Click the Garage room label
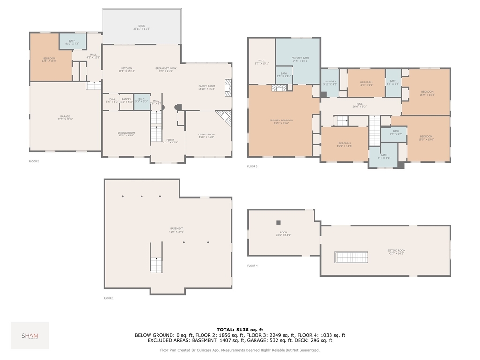[65, 118]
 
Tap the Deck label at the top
[141, 27]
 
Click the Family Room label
[206, 87]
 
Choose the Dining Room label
[126, 134]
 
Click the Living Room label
[206, 136]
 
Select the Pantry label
[127, 100]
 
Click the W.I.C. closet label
[262, 62]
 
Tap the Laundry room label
[330, 83]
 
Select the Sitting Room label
[396, 252]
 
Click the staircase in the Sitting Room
[352, 257]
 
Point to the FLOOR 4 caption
[253, 266]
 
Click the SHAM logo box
[30, 335]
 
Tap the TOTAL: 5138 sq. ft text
[240, 329]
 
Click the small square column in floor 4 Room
[278, 223]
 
